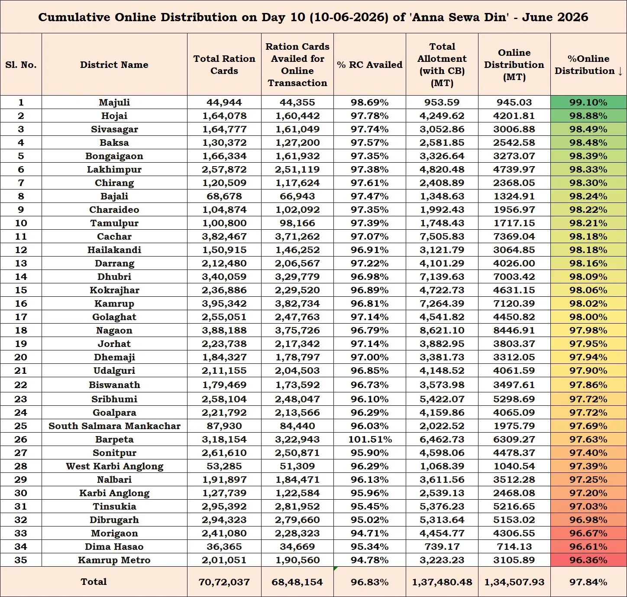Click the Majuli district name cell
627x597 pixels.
(x=114, y=103)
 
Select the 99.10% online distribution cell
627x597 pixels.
(x=588, y=103)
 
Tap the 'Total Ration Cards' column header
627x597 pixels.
(x=224, y=65)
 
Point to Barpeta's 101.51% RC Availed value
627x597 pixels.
(x=370, y=439)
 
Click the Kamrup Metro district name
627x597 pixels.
(x=114, y=560)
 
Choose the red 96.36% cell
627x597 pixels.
(x=588, y=560)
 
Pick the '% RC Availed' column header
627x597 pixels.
(x=370, y=65)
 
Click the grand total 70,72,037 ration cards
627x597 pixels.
(x=224, y=582)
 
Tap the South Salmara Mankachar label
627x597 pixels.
(x=114, y=426)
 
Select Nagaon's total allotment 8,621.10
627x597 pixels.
(x=442, y=330)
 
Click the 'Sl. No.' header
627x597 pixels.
(x=21, y=65)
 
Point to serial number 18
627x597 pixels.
(x=21, y=330)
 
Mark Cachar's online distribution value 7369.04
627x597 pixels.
(x=514, y=237)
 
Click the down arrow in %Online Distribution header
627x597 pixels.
(x=620, y=71)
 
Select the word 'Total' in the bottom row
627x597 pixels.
(x=94, y=582)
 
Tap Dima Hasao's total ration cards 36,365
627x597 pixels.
(x=224, y=547)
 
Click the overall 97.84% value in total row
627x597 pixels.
(x=588, y=582)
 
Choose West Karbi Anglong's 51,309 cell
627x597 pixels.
(x=297, y=466)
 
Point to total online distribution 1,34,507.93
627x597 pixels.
(x=514, y=582)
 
